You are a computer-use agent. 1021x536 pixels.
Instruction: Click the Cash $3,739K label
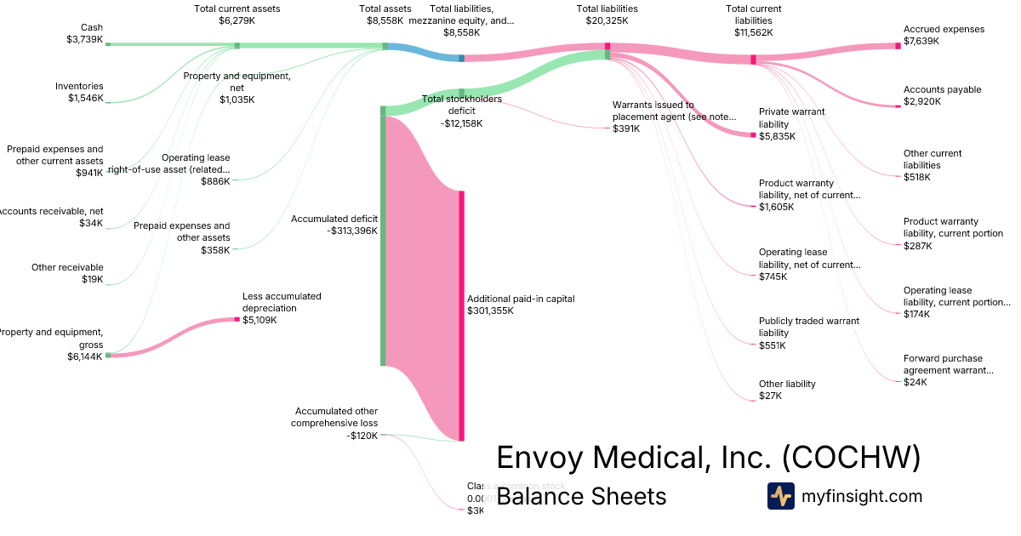(84, 33)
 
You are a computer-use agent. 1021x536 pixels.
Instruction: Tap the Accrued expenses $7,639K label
(944, 35)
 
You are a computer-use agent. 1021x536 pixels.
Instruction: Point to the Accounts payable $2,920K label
(942, 95)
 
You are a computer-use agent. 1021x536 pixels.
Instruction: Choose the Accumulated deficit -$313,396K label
(334, 225)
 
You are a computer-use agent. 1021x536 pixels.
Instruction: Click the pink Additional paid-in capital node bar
(462, 315)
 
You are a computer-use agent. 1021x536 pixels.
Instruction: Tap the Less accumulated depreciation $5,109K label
(282, 308)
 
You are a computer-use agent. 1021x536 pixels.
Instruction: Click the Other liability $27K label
(787, 390)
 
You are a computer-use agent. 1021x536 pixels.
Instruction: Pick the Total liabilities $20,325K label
(607, 14)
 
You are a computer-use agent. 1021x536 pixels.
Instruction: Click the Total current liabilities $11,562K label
(753, 20)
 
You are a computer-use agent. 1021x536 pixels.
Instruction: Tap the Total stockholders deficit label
(462, 111)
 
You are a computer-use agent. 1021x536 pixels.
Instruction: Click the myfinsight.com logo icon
(780, 496)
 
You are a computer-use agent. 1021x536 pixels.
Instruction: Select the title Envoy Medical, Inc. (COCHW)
(708, 458)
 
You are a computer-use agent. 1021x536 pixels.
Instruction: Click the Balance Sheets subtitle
(581, 496)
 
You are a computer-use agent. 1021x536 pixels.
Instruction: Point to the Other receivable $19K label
(67, 273)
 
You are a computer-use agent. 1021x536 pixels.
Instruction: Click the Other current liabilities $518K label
(933, 165)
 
